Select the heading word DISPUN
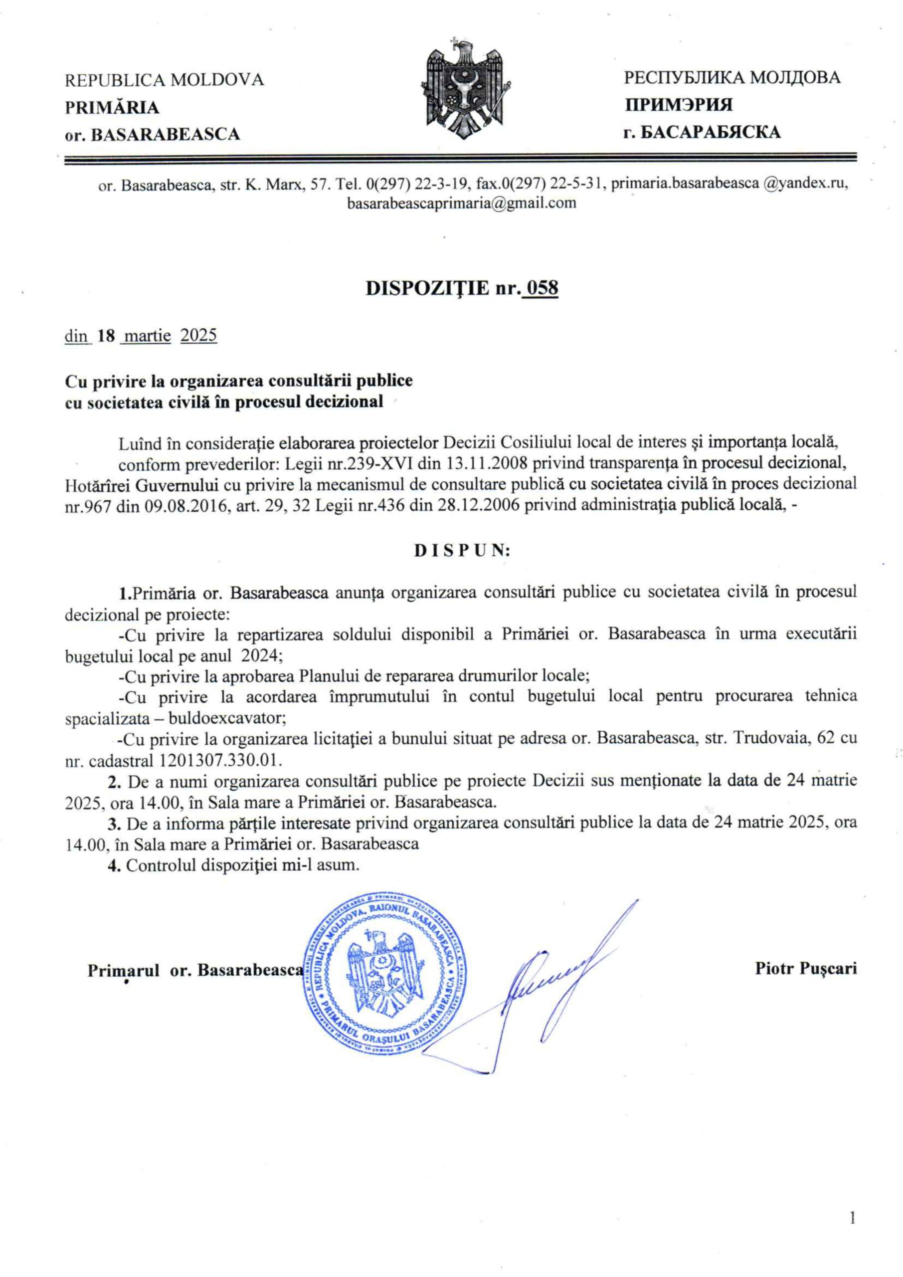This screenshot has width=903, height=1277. (x=462, y=551)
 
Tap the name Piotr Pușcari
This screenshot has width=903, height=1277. (x=806, y=968)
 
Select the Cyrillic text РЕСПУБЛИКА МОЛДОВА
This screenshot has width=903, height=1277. (x=732, y=78)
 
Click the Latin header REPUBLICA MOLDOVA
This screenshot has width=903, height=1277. (x=165, y=81)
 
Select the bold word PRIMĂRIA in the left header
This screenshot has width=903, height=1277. (x=112, y=108)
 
